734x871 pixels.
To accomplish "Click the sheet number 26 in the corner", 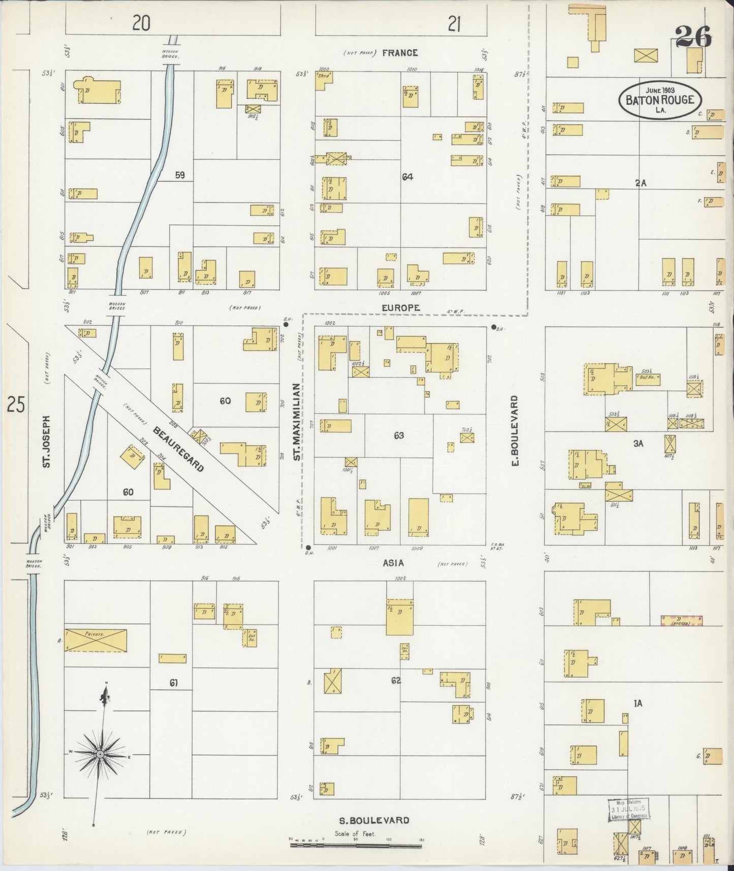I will point(693,37).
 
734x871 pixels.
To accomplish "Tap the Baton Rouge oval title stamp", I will point(660,100).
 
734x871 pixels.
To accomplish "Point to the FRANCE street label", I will point(400,53).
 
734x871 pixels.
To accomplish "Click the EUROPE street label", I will point(401,308).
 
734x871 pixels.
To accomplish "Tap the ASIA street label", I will point(393,563).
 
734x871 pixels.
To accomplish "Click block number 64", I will point(407,177).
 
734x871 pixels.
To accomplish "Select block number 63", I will point(398,435).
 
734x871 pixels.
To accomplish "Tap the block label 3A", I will point(638,444).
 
